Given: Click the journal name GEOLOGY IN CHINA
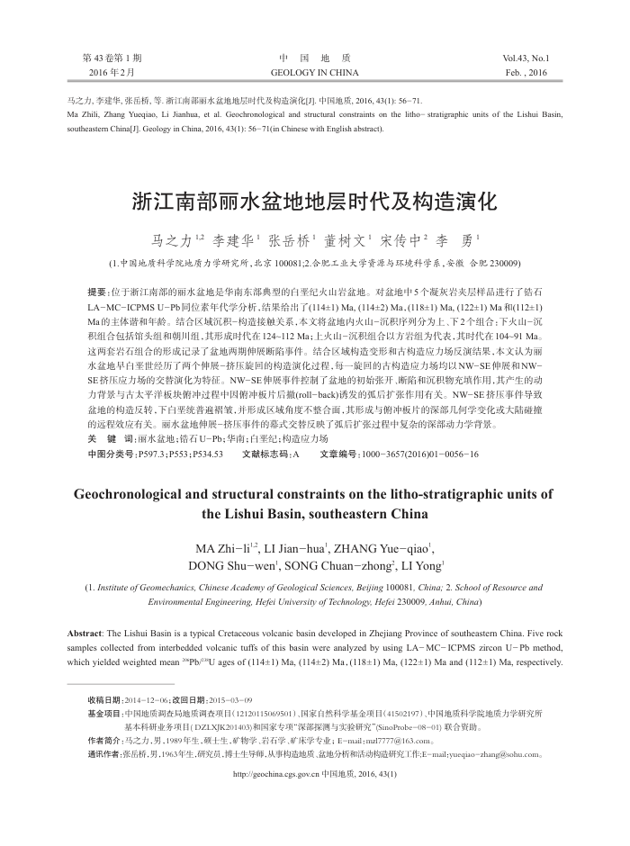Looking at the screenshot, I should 314,72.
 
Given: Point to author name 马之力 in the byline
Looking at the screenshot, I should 169,241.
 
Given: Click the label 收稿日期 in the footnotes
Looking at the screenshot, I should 105,699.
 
